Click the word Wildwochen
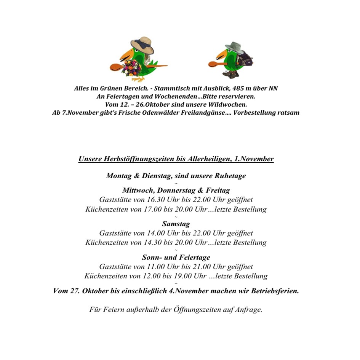coord(226,104)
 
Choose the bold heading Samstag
coord(176,224)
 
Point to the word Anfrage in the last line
coord(250,309)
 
